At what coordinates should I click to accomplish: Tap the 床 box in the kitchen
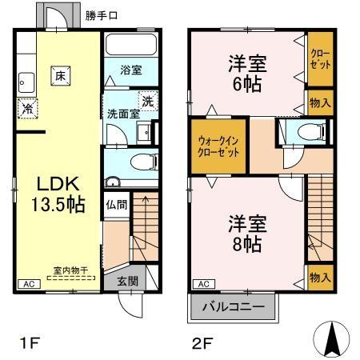pyautogui.click(x=59, y=76)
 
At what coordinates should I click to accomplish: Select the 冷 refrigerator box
pyautogui.click(x=28, y=108)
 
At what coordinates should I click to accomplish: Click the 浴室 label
pyautogui.click(x=132, y=70)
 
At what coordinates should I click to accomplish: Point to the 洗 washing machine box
pyautogui.click(x=146, y=101)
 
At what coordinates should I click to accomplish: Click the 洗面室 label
pyautogui.click(x=123, y=114)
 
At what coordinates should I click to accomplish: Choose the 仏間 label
pyautogui.click(x=115, y=204)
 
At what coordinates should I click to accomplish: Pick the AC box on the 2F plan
pyautogui.click(x=203, y=284)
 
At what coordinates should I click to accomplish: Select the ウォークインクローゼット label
pyautogui.click(x=218, y=146)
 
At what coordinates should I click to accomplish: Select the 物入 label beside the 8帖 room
pyautogui.click(x=319, y=277)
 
